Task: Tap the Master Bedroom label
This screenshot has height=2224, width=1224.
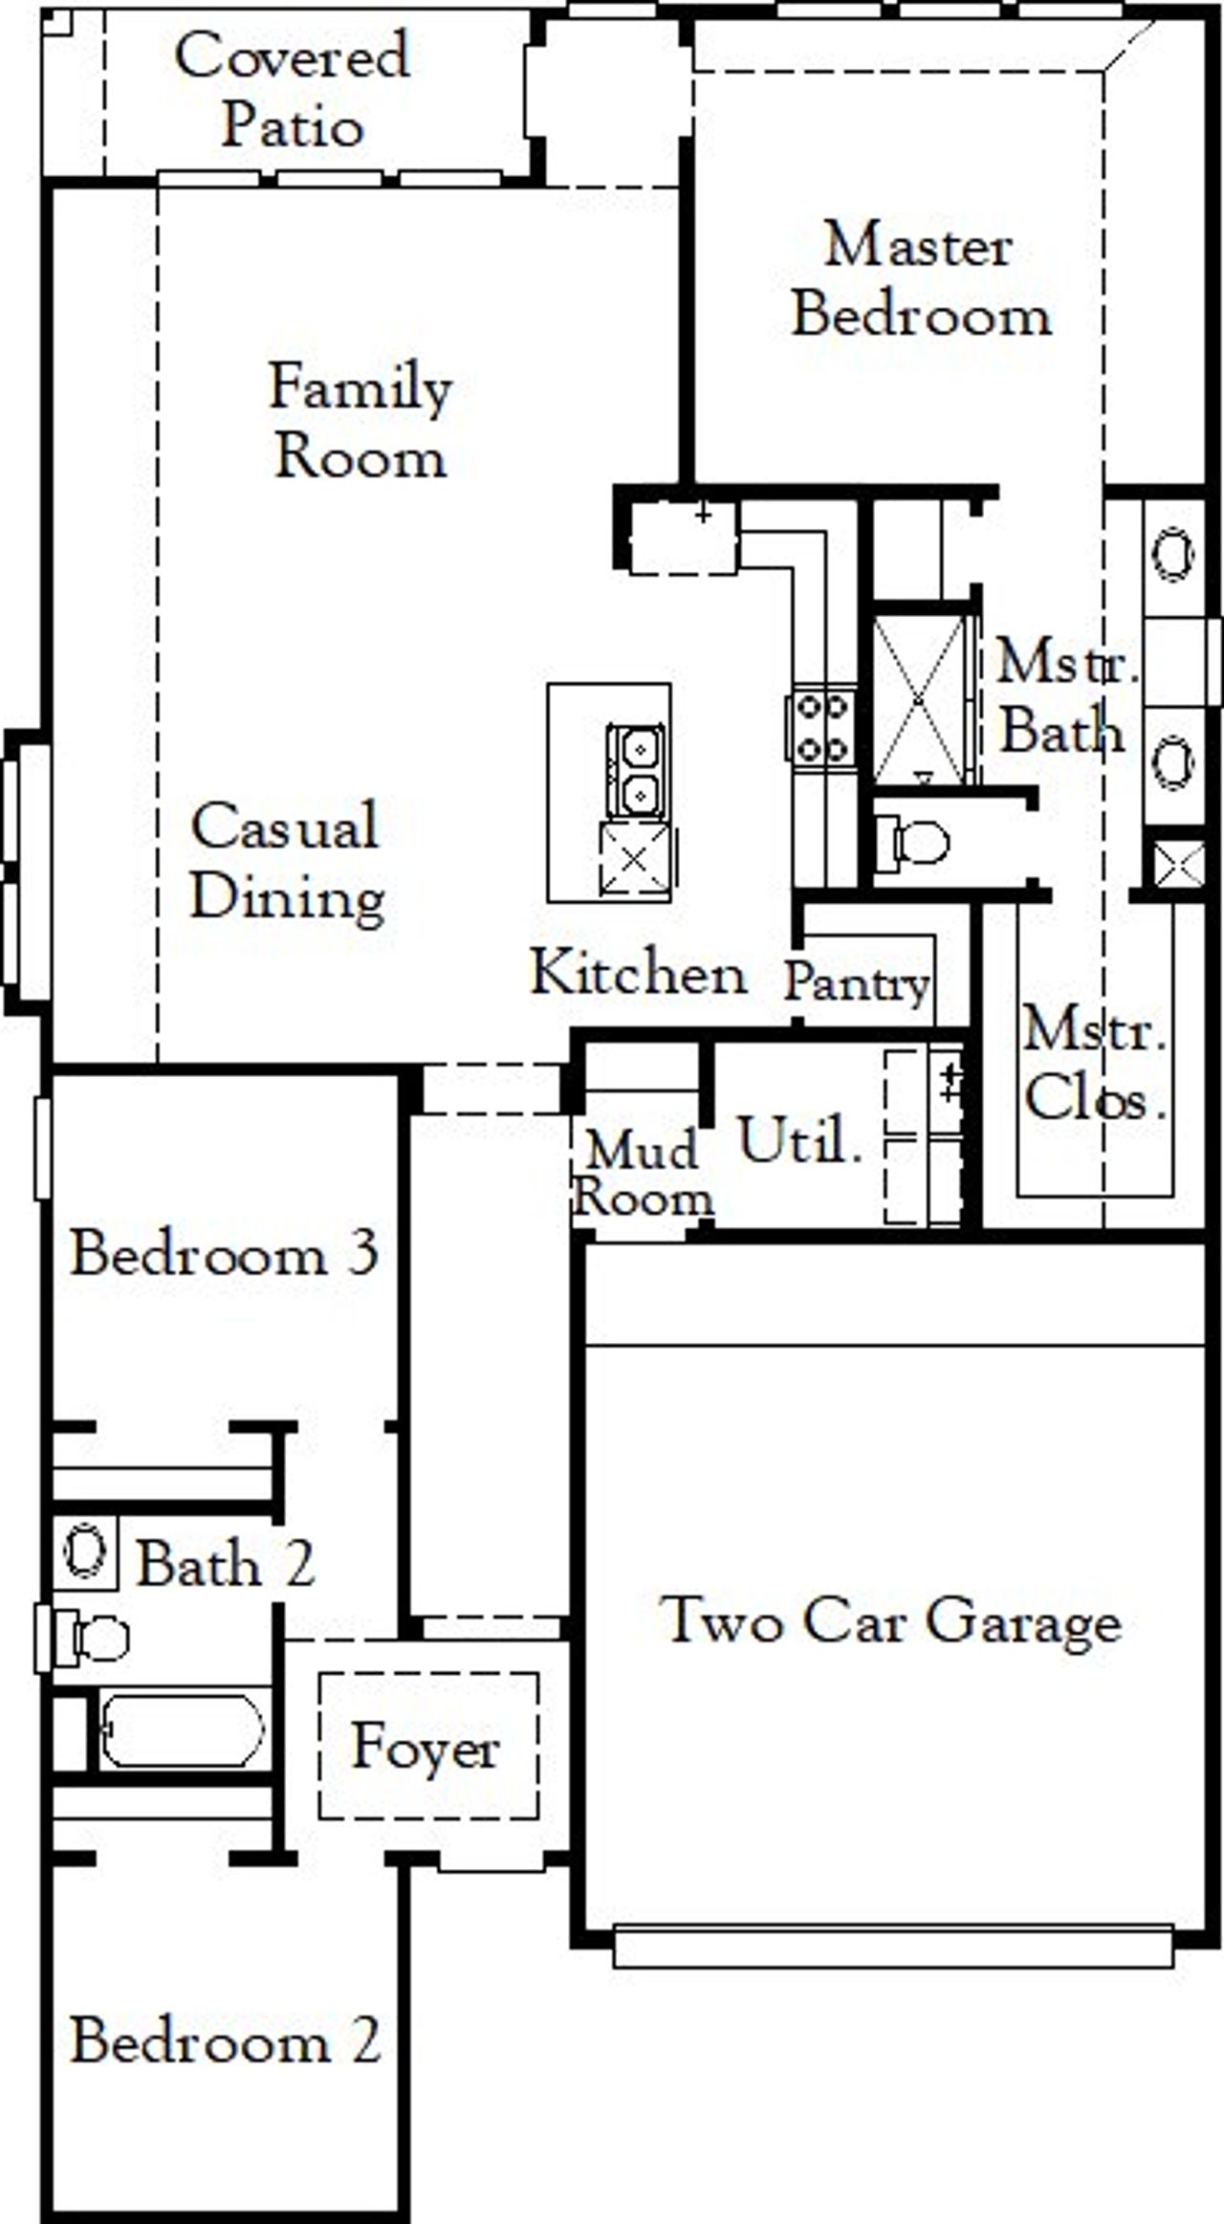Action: (x=921, y=279)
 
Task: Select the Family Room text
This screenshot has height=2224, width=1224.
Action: (x=361, y=421)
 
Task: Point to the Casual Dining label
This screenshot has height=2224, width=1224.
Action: (x=287, y=861)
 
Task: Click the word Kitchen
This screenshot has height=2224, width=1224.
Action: (x=638, y=973)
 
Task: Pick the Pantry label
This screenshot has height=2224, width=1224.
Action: (x=857, y=982)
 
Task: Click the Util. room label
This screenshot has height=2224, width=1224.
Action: (x=799, y=1140)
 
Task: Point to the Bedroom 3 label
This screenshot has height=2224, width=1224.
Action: (x=225, y=1253)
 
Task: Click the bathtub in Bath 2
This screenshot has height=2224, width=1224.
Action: (x=182, y=1730)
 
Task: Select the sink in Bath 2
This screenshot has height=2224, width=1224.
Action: (x=84, y=1551)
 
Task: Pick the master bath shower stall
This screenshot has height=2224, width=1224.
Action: (x=919, y=701)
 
